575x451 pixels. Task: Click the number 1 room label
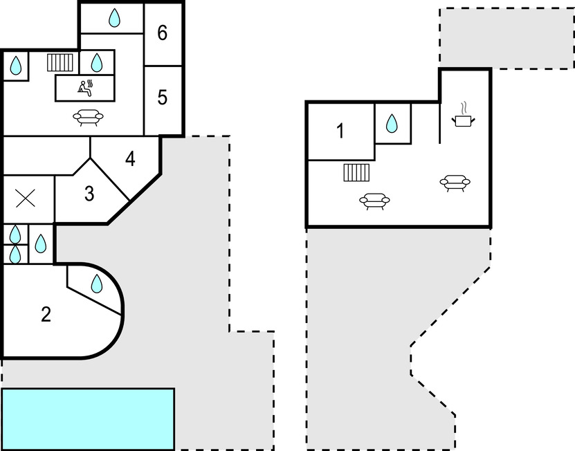point(340,131)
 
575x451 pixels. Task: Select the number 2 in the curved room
point(46,315)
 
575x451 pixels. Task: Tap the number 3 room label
point(89,194)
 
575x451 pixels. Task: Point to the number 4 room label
point(130,159)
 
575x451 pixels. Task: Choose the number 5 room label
point(162,98)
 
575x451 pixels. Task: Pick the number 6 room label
point(162,33)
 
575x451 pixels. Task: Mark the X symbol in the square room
point(26,199)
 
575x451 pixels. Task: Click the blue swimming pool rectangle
point(88,418)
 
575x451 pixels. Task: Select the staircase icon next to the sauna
point(60,63)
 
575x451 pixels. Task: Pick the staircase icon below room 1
point(357,172)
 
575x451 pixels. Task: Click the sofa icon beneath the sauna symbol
point(88,117)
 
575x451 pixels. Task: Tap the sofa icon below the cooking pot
point(455,182)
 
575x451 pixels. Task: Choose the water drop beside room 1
point(392,124)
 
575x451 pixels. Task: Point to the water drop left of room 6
point(114,18)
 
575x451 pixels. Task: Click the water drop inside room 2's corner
point(97,283)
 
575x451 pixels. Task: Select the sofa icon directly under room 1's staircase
point(374,201)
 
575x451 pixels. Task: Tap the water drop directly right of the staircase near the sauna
point(97,63)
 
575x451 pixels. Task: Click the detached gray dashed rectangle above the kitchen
point(506,38)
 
